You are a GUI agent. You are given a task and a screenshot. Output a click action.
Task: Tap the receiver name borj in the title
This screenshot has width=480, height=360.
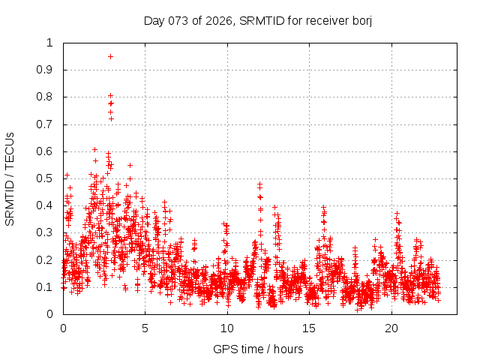tap(359, 20)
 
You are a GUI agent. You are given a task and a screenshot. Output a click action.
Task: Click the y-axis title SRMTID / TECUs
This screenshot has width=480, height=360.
tap(10, 178)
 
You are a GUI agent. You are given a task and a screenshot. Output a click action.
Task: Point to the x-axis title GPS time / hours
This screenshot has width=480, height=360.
tap(258, 349)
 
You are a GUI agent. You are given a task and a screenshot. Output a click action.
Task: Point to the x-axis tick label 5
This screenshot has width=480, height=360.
tap(145, 328)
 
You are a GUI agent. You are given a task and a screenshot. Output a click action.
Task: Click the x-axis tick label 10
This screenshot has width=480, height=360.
tap(226, 328)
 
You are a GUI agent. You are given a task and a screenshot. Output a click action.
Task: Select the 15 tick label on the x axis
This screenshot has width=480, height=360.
tap(309, 328)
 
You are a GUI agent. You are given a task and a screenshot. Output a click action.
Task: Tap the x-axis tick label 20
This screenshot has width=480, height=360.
tap(391, 328)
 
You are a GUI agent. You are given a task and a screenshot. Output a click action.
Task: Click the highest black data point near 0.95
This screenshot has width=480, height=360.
tap(110, 56)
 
